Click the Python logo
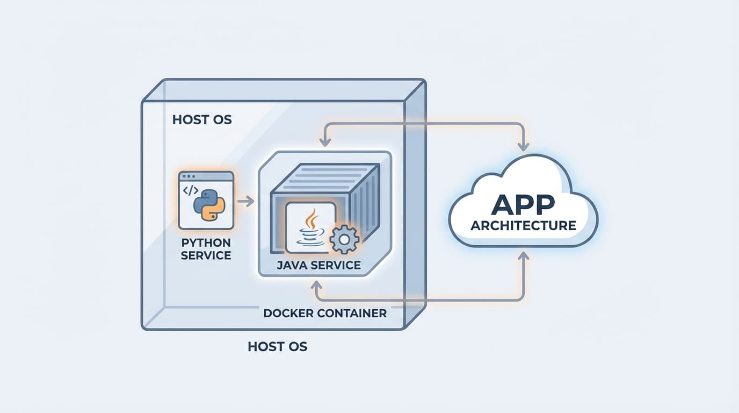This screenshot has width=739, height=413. (209, 205)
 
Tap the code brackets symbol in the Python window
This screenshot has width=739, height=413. (191, 190)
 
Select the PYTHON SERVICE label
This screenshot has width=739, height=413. (206, 248)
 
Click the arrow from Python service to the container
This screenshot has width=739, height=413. (245, 202)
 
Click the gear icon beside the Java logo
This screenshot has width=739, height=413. (344, 240)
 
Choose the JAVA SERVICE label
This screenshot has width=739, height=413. (318, 265)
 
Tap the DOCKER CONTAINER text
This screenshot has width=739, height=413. (325, 313)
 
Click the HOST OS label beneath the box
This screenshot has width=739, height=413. (277, 346)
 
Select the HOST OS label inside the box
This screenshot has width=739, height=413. (202, 119)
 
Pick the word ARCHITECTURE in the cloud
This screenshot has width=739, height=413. (523, 225)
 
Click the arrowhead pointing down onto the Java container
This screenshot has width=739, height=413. (324, 141)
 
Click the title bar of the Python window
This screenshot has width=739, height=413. (206, 176)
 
